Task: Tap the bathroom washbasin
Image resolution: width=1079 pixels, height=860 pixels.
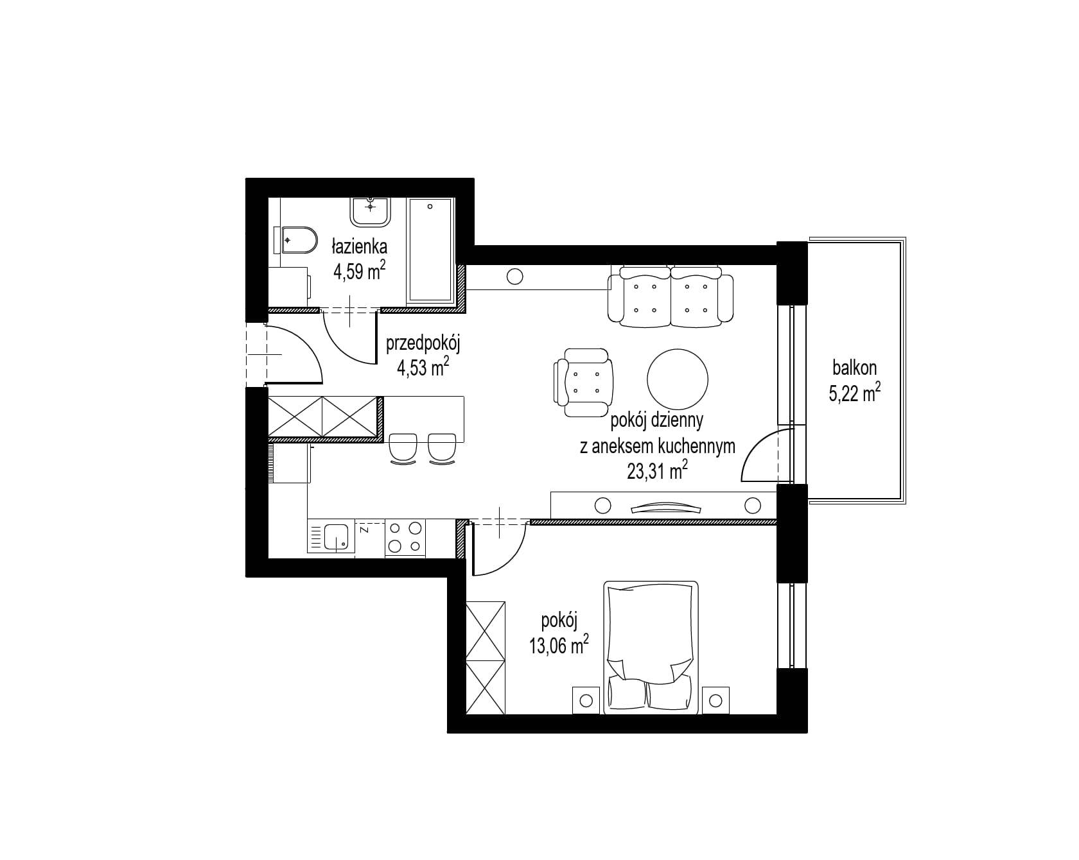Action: tap(371, 211)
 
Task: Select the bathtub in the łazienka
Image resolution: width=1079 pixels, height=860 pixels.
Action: tap(430, 252)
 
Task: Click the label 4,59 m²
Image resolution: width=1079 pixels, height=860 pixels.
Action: tap(359, 271)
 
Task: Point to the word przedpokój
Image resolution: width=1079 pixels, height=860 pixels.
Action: tap(424, 344)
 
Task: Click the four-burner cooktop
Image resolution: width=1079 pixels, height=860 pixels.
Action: tap(405, 537)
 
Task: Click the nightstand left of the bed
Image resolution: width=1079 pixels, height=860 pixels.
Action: tap(585, 700)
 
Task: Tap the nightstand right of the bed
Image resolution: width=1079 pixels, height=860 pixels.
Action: tap(716, 700)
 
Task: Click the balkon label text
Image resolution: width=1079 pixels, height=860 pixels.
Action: tap(854, 368)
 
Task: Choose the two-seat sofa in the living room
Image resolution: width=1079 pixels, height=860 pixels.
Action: tap(671, 297)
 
